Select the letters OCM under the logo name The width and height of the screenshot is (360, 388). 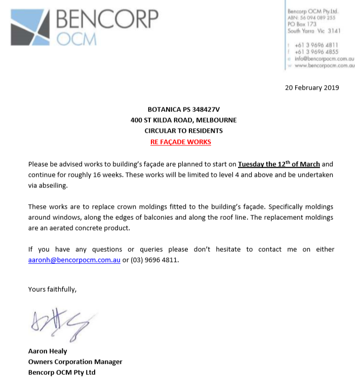(75, 40)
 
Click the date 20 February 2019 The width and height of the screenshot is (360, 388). (312, 88)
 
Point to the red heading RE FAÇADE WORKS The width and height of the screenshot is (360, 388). (181, 142)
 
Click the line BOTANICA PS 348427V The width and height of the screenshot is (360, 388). (180, 109)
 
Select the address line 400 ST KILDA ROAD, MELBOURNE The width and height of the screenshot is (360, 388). (181, 120)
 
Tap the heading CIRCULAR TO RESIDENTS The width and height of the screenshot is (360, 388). (181, 131)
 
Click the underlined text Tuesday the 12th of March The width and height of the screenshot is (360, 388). (278, 164)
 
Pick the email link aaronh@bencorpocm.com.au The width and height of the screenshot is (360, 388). (74, 260)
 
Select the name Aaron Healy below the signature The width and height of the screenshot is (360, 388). (48, 351)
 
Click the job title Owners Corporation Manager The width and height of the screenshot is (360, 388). (75, 362)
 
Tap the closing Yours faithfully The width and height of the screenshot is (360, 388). (53, 290)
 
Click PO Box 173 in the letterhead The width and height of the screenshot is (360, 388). (302, 24)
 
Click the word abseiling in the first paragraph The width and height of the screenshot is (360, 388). (50, 185)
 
